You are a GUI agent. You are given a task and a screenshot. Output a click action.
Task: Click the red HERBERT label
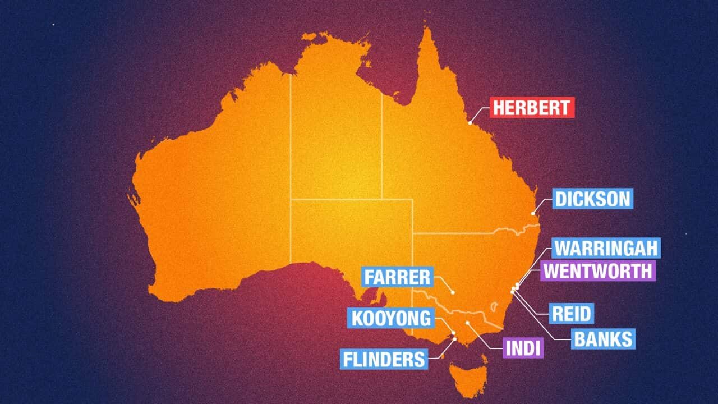tap(532, 107)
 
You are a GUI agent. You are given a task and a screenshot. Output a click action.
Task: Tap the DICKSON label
tap(592, 199)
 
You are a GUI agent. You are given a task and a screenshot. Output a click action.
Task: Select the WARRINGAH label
tap(606, 247)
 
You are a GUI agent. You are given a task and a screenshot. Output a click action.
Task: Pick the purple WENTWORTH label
tap(598, 271)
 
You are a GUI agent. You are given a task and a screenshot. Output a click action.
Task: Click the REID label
tap(572, 314)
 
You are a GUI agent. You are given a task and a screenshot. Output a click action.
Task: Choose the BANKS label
tap(603, 339)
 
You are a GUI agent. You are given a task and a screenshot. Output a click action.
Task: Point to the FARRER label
tap(397, 277)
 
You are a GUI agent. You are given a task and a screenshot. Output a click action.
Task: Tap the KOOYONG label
tap(391, 318)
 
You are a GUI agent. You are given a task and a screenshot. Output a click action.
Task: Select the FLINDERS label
tap(384, 359)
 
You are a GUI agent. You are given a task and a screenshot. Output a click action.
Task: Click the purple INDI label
tap(523, 348)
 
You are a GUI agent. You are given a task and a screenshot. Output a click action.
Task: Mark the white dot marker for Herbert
tap(470, 122)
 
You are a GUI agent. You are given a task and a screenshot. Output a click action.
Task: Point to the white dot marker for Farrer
tap(453, 292)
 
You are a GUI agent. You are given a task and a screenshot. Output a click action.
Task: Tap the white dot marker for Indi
tap(467, 323)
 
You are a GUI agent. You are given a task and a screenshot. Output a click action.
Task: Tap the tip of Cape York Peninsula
tap(427, 28)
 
